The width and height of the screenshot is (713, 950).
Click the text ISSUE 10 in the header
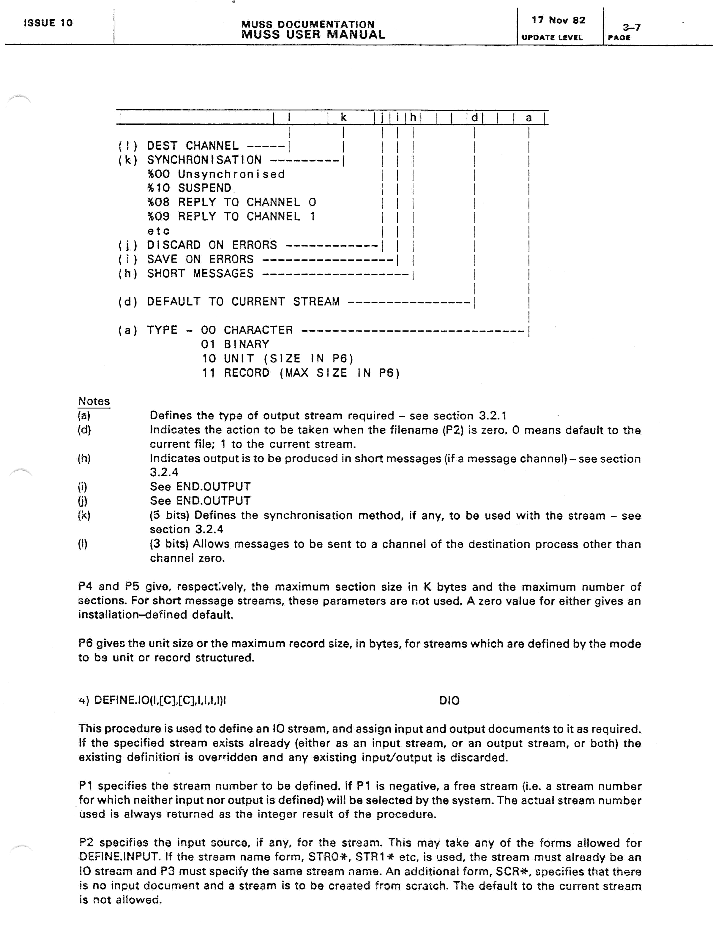pos(48,23)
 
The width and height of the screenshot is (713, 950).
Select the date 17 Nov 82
pos(558,20)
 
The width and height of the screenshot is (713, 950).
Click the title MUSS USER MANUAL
pos(313,35)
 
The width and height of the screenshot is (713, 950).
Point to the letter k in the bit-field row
pos(343,117)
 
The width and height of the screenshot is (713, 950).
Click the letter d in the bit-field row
pos(474,118)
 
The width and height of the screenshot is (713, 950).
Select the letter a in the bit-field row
pos(529,118)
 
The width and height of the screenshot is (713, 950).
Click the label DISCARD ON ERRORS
pos(212,245)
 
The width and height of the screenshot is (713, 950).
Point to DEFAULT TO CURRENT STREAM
pos(243,302)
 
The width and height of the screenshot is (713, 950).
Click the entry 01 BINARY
pos(235,344)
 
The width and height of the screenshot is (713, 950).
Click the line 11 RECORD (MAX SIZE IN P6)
pos(301,373)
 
